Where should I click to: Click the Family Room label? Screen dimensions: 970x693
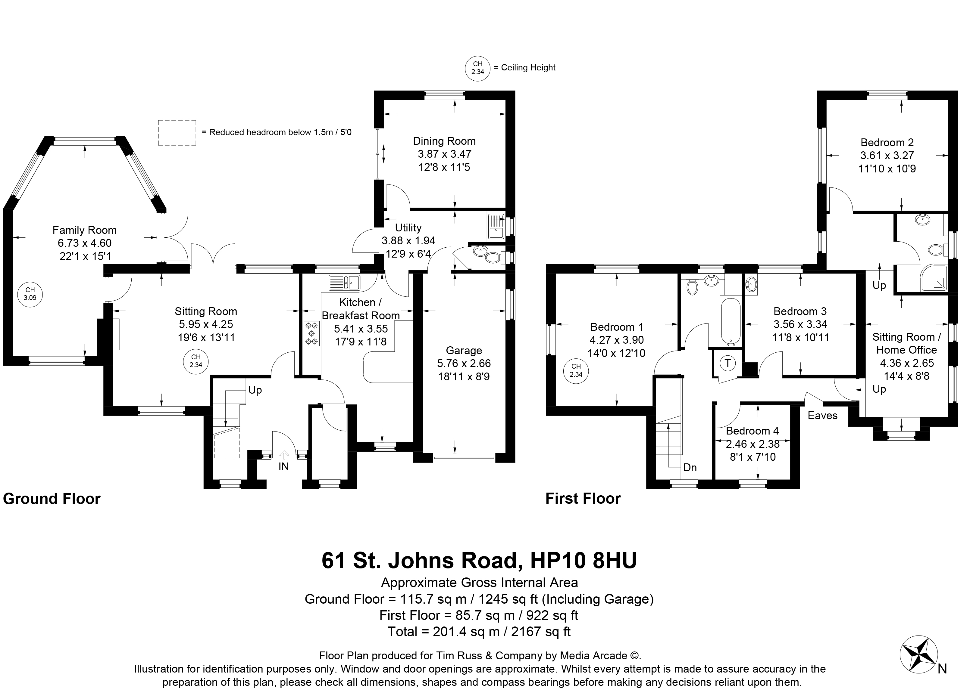[85, 230]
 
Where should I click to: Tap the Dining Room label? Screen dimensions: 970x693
[444, 141]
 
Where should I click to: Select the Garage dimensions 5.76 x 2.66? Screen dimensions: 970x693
[464, 364]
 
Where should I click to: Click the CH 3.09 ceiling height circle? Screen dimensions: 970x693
[30, 294]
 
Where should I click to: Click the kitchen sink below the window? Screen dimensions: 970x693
[345, 282]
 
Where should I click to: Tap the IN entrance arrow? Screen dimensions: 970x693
[284, 455]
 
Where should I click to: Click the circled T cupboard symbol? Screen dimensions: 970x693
[728, 364]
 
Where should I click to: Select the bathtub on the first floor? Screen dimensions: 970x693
[731, 322]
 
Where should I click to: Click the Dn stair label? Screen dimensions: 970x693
[690, 468]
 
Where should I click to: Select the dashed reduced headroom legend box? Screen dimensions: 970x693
[177, 133]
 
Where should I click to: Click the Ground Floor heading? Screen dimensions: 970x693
[52, 499]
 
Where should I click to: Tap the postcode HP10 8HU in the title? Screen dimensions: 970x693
[584, 561]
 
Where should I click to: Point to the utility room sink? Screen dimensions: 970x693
[496, 226]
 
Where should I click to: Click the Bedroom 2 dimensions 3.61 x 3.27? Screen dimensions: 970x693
[887, 156]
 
